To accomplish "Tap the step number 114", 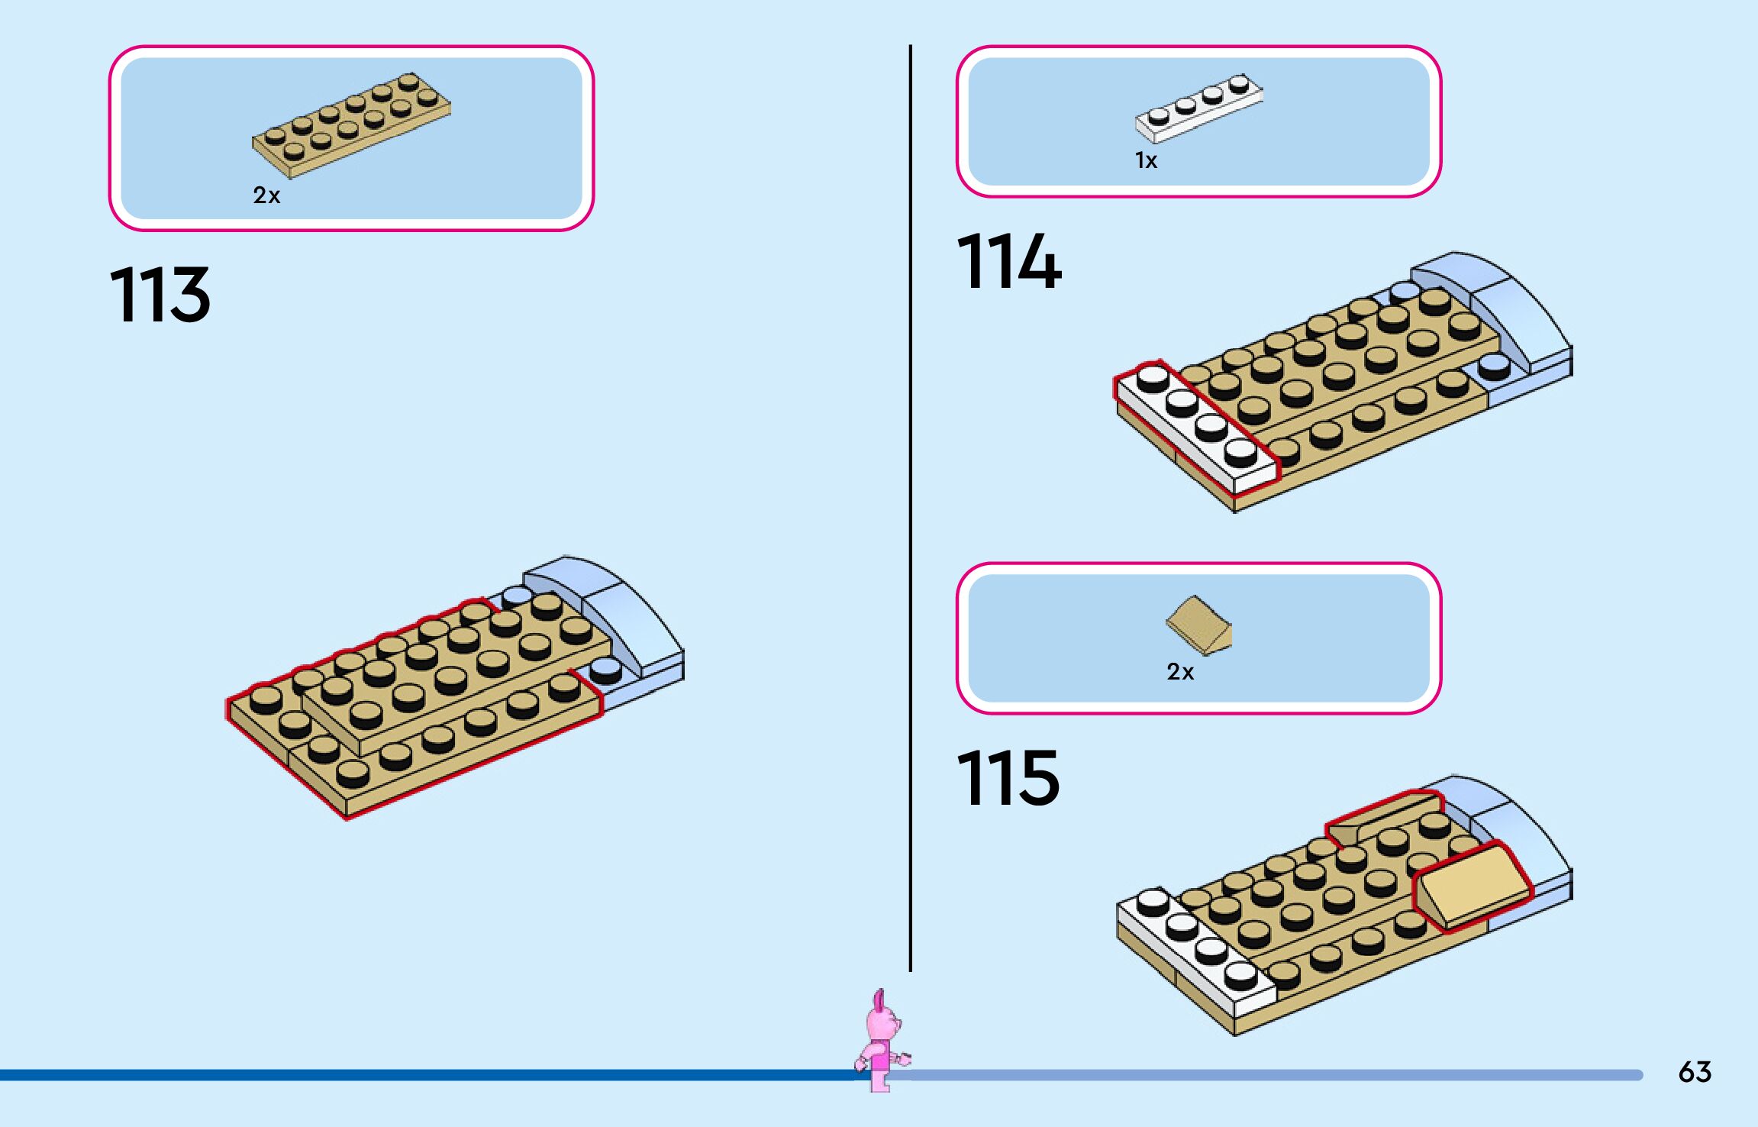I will point(1008,262).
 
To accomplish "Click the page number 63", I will point(1695,1072).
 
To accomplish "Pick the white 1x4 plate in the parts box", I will point(1198,108).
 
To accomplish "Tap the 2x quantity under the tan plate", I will point(266,195).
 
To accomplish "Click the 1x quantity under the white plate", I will point(1146,160).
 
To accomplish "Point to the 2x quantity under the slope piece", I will point(1179,672).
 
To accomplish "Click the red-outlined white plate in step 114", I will point(1195,428).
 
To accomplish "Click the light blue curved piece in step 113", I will point(611,611).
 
